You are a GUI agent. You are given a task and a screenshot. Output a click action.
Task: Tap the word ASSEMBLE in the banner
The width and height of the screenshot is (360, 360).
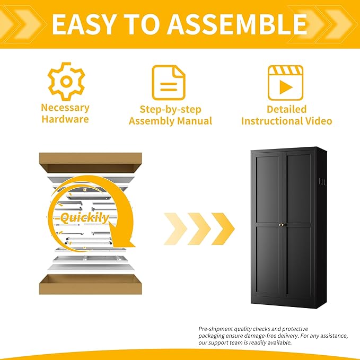pyautogui.click(x=236, y=24)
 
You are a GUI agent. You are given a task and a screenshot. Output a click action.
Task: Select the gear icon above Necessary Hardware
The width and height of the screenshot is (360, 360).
pyautogui.click(x=66, y=82)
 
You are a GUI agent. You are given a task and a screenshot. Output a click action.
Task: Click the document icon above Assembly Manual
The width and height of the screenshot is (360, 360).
pyautogui.click(x=169, y=83)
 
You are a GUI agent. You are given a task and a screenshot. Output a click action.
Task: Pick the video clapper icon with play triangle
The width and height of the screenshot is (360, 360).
pyautogui.click(x=286, y=83)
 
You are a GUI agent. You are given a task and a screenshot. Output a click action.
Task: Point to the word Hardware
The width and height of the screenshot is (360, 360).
pyautogui.click(x=65, y=119)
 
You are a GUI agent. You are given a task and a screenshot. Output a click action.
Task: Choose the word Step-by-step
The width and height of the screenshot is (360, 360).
pyautogui.click(x=170, y=110)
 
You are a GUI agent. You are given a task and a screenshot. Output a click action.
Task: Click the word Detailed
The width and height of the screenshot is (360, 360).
pyautogui.click(x=286, y=109)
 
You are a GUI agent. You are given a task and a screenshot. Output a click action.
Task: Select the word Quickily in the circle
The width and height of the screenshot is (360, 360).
pyautogui.click(x=85, y=218)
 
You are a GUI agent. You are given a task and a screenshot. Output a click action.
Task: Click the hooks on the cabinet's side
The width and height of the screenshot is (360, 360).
pyautogui.click(x=322, y=182)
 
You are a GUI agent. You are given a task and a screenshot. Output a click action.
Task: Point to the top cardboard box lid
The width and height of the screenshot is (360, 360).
pyautogui.click(x=91, y=163)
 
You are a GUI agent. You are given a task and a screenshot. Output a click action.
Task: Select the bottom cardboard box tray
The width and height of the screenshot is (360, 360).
pyautogui.click(x=91, y=285)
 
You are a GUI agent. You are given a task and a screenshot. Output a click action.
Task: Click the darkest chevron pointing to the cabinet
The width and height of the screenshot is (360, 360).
pyautogui.click(x=223, y=229)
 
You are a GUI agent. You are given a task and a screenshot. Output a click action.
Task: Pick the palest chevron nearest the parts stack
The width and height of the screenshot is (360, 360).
pyautogui.click(x=175, y=229)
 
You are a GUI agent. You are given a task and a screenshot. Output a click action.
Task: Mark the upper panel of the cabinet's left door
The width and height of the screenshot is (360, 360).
pyautogui.click(x=268, y=190)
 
